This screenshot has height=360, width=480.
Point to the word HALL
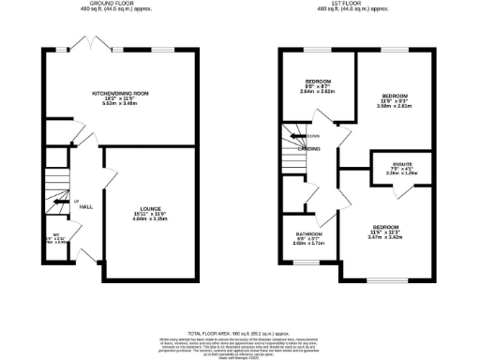coord(85,206)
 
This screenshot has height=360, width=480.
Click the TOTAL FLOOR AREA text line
coord(238,332)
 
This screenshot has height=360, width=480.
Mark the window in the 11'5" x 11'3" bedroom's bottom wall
coord(394,280)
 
